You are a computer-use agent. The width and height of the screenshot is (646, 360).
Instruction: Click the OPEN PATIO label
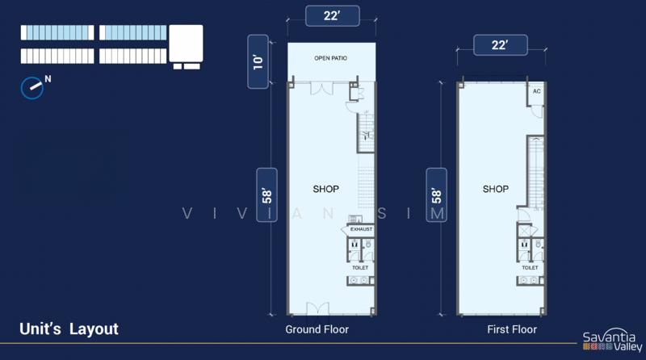(330, 58)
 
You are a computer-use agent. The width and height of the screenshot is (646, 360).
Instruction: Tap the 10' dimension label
(258, 61)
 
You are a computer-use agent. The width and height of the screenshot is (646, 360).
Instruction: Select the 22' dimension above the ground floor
(332, 16)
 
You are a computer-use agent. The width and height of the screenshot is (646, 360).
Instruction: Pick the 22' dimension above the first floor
(500, 45)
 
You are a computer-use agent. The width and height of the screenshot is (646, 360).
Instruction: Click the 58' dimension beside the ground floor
(267, 195)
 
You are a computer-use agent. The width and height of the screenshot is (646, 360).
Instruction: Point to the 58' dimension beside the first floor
(436, 195)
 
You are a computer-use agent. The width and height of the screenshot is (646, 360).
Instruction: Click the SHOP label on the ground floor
(326, 189)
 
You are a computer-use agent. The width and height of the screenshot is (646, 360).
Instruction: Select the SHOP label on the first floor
(496, 189)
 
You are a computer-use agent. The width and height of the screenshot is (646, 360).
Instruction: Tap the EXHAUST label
(361, 229)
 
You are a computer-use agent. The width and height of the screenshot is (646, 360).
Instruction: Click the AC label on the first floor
(536, 91)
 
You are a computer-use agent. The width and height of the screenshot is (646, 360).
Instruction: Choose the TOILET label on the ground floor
(360, 268)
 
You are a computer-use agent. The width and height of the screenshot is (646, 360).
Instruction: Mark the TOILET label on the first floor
(530, 268)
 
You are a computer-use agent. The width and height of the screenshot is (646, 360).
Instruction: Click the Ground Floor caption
(317, 329)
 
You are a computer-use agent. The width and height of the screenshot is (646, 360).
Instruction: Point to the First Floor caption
(512, 329)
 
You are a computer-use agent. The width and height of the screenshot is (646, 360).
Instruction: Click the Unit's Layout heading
(69, 329)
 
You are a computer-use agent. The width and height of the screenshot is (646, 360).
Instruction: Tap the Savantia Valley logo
(612, 340)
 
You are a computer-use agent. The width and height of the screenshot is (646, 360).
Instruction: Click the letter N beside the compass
(48, 78)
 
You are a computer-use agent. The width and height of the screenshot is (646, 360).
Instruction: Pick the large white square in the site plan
(187, 44)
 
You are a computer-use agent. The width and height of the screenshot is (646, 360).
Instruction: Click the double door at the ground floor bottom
(317, 309)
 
